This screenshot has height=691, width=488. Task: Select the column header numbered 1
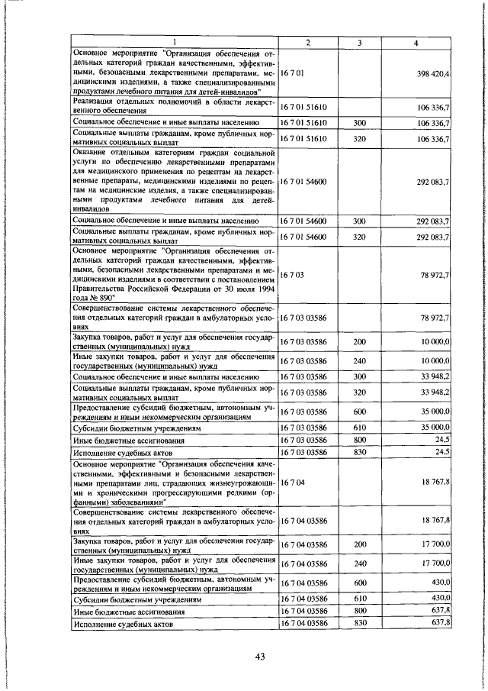174,42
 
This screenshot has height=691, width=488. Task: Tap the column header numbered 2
307,42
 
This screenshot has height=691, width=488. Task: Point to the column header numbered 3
358,42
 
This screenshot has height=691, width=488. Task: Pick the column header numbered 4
416,42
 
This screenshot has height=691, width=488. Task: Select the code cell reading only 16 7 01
293,73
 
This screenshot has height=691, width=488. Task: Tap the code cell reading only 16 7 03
293,273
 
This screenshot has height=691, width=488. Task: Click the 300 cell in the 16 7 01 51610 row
358,122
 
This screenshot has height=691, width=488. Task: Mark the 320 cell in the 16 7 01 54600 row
358,237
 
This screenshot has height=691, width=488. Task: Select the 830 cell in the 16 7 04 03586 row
358,623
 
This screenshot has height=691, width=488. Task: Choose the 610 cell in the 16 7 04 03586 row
358,599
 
